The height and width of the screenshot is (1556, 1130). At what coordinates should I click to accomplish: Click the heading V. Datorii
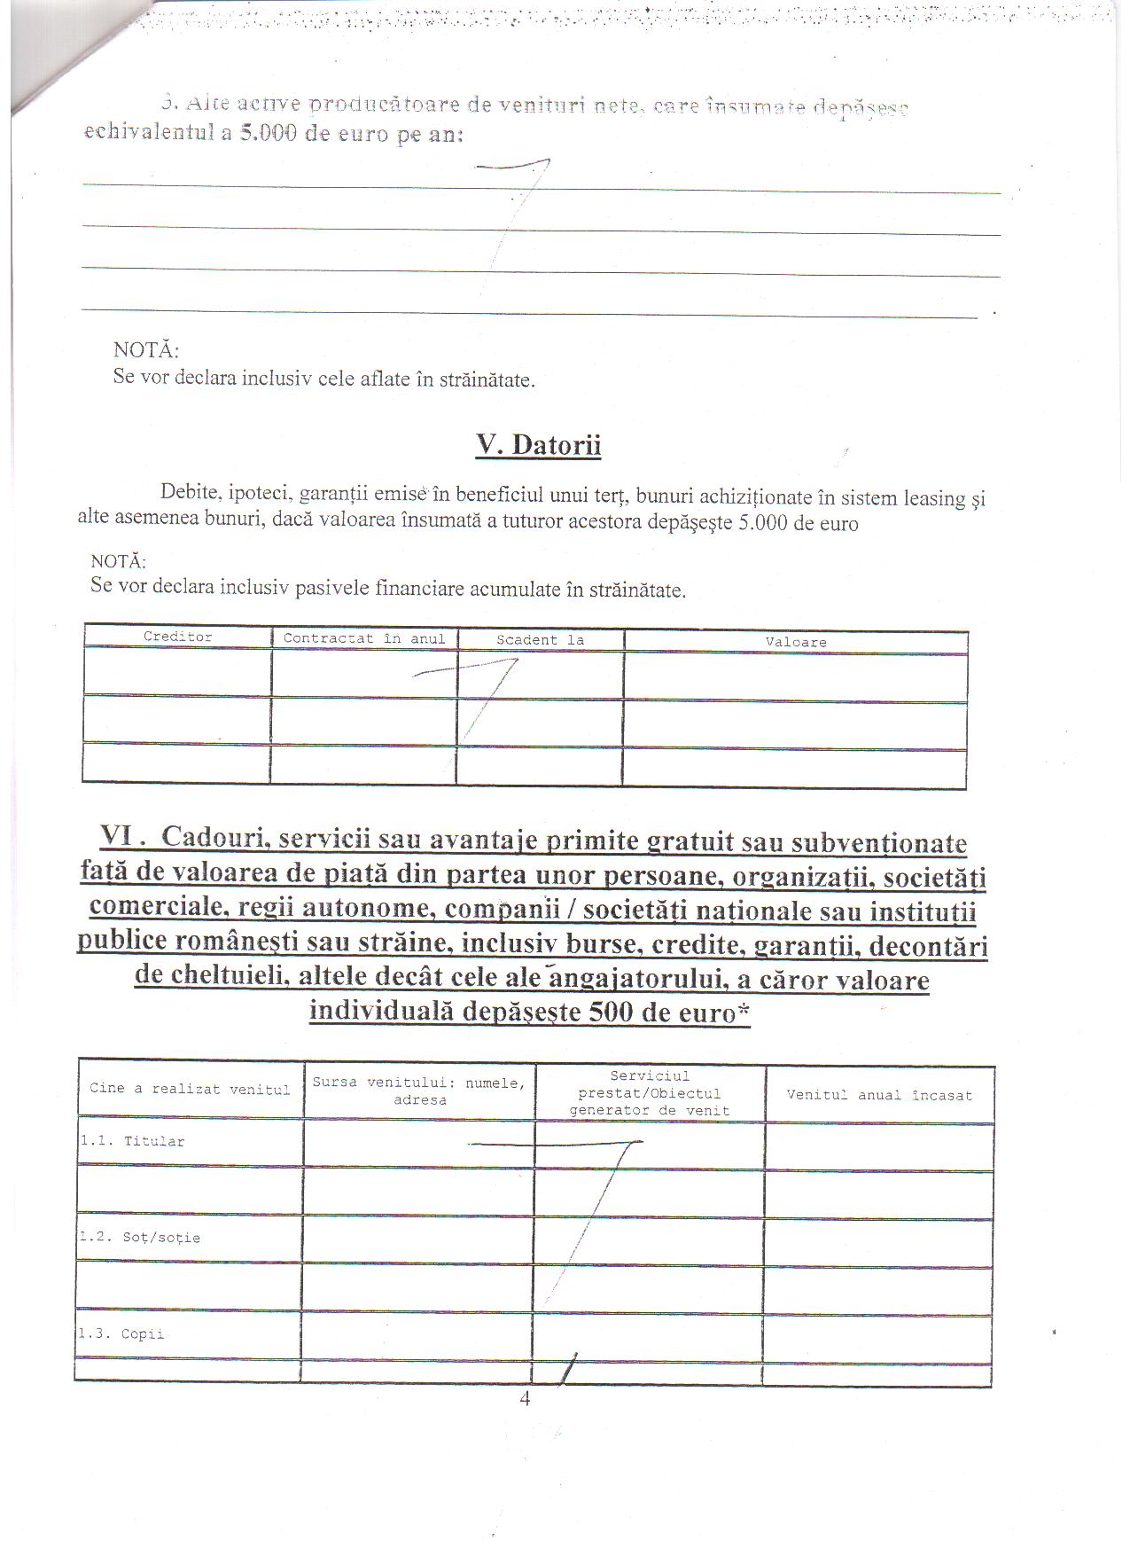538,444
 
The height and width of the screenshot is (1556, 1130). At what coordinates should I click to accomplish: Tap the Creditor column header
177,637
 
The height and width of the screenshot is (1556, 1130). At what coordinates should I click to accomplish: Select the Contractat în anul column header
364,638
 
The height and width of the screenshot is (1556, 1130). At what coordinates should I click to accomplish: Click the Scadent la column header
539,639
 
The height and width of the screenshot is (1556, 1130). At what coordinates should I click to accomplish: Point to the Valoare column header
795,642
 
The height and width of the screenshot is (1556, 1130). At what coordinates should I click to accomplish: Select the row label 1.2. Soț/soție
138,1238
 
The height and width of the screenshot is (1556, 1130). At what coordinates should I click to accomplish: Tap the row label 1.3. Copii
121,1334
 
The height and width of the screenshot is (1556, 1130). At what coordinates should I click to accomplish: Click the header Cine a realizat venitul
190,1089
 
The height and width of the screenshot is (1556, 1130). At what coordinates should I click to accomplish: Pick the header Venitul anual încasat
878,1095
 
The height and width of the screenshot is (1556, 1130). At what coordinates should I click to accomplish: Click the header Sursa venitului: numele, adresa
418,1091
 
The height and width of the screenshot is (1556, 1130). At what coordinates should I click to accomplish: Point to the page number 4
525,1399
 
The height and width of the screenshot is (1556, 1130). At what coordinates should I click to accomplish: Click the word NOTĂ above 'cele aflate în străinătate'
145,350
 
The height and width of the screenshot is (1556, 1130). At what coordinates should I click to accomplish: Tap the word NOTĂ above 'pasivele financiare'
119,561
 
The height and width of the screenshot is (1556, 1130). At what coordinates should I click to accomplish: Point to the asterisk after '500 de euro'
743,1012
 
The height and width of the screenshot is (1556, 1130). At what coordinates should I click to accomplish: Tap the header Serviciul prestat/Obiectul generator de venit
649,1093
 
